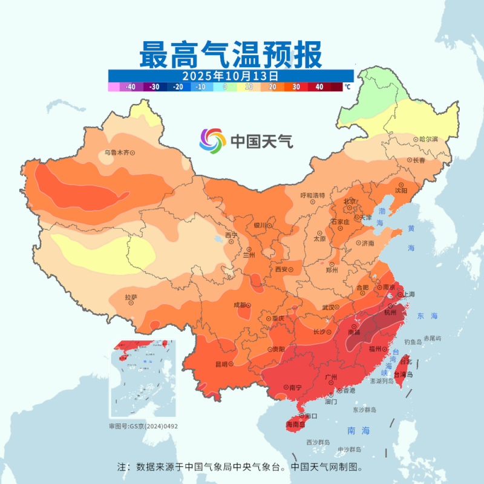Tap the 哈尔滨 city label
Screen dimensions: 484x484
[428, 139]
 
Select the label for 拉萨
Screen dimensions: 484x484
[131, 297]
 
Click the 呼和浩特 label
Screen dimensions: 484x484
[313, 195]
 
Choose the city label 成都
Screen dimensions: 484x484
[239, 306]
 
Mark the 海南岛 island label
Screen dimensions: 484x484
[296, 425]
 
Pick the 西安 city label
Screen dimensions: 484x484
[281, 269]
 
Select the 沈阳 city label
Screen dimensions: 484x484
[401, 190]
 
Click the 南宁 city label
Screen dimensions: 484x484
[296, 387]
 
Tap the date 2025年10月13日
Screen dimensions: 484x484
[231, 76]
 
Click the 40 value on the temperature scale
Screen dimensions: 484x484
[319, 87]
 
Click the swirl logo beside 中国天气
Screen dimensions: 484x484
[212, 141]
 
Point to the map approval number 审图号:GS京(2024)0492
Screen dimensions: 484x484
[143, 427]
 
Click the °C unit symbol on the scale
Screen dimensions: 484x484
[347, 87]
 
